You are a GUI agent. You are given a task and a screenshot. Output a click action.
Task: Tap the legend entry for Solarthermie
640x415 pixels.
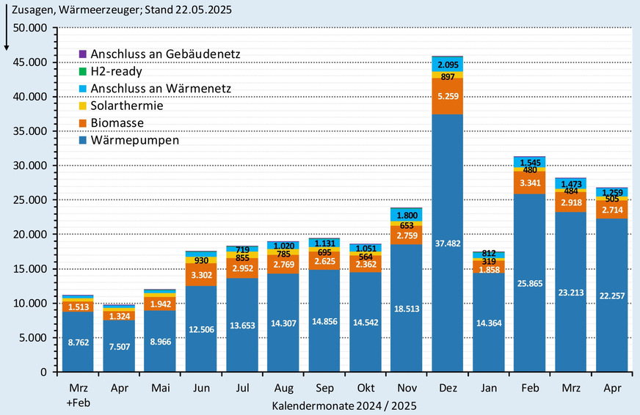(x=127, y=106)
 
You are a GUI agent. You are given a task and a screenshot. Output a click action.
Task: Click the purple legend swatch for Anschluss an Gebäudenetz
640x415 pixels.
(x=82, y=54)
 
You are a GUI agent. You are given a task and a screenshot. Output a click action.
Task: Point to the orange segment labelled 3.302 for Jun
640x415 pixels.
(x=200, y=276)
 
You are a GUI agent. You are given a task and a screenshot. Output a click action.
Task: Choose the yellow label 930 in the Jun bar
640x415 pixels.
(x=200, y=261)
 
